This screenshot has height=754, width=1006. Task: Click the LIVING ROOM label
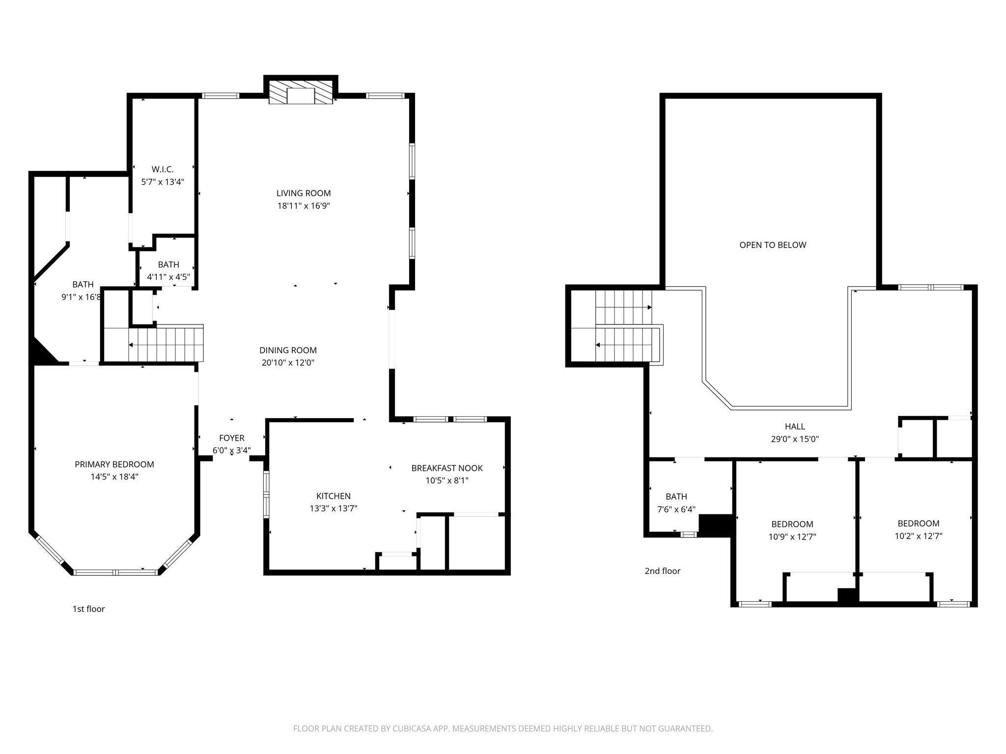point(303,193)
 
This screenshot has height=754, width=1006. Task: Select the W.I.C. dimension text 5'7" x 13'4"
point(163,182)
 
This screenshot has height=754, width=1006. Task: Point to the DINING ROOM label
point(288,350)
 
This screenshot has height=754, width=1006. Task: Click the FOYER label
point(231,438)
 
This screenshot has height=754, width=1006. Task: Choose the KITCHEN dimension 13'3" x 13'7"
point(333,509)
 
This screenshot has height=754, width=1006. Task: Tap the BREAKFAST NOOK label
point(447,468)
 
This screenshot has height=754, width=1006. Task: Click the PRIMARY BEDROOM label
point(114,464)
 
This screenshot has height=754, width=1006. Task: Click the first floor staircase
point(166,345)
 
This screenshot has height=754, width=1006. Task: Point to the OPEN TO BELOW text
point(773,245)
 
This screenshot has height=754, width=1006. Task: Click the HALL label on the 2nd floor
point(794,427)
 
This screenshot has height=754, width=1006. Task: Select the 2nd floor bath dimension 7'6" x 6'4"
point(676,510)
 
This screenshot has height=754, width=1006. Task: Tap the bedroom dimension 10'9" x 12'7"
point(792,537)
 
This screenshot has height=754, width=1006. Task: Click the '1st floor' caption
point(88,609)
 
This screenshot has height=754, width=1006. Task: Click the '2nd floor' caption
point(662,571)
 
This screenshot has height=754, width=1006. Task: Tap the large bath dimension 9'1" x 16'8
point(82,297)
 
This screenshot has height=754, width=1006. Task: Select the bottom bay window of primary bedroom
point(115,572)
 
